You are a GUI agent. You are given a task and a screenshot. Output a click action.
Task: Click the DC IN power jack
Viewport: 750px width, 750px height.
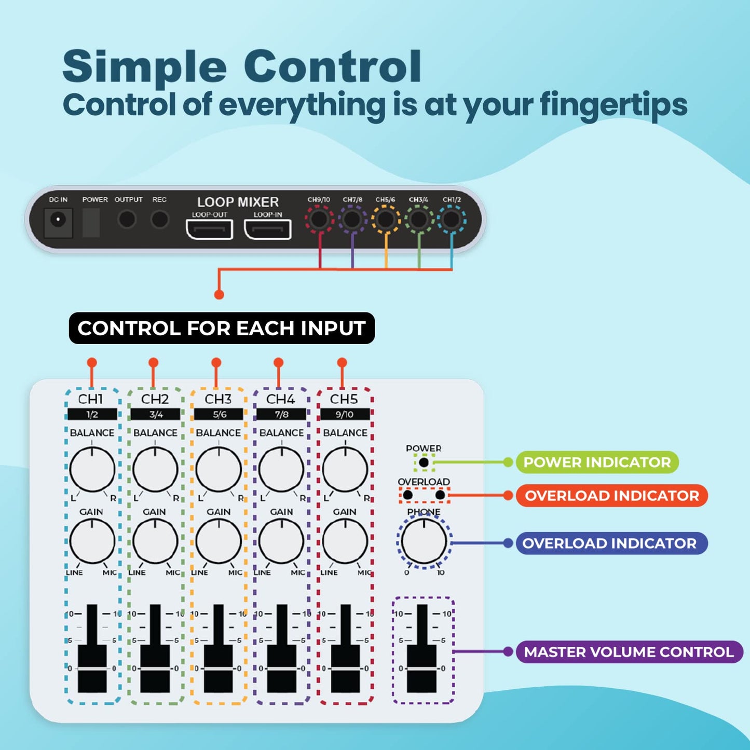click(x=58, y=220)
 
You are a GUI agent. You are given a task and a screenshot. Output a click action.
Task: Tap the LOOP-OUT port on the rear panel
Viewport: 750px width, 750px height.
click(x=209, y=229)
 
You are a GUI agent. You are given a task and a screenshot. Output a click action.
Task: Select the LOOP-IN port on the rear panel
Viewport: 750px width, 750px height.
click(x=267, y=229)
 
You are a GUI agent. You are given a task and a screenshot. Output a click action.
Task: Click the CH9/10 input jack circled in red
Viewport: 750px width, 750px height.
click(x=319, y=219)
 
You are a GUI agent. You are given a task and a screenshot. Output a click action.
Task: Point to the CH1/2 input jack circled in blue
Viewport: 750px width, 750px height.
click(x=451, y=219)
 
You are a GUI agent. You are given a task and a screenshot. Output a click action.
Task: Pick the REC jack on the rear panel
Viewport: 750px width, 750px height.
click(x=159, y=219)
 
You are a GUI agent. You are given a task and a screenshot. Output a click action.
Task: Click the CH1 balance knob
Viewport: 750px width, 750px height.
click(x=92, y=470)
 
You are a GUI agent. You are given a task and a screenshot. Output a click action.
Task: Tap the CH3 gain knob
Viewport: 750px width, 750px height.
click(x=219, y=541)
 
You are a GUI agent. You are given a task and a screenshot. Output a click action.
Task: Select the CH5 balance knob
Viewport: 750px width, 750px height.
click(x=345, y=470)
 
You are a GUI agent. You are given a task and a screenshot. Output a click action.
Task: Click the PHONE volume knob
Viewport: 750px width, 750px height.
click(x=424, y=542)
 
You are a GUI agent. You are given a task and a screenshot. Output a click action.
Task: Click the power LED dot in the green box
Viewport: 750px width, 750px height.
click(x=424, y=462)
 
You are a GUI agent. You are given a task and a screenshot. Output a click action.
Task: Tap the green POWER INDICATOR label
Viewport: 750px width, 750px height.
click(x=597, y=462)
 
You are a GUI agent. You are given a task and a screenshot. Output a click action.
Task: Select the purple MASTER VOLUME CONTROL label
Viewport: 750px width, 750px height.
click(x=629, y=652)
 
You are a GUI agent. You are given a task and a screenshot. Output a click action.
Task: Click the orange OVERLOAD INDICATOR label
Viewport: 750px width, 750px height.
click(x=611, y=496)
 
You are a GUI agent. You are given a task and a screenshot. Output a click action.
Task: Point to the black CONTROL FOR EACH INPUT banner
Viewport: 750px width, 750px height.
click(x=222, y=328)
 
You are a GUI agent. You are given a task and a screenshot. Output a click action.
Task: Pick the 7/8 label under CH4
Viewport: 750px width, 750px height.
click(x=281, y=414)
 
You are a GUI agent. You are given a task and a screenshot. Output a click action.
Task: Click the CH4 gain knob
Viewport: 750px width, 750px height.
click(x=281, y=541)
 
